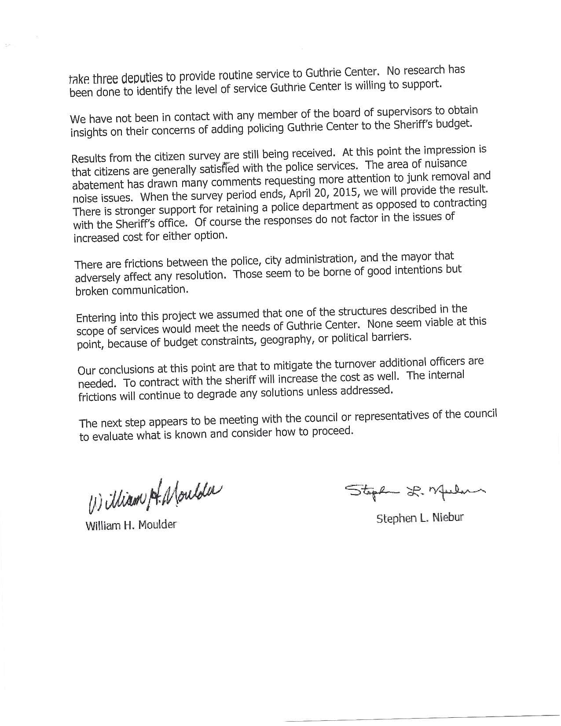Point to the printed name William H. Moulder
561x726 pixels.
click(x=131, y=524)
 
